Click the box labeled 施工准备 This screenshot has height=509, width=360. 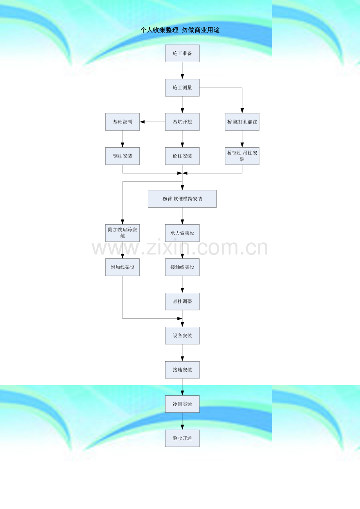coord(182,53)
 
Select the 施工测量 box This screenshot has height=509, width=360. coord(182,88)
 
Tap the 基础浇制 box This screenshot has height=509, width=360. coord(122,122)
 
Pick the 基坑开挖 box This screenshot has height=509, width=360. coord(182,122)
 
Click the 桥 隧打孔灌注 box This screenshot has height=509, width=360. coord(242,122)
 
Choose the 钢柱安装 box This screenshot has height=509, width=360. coord(122,156)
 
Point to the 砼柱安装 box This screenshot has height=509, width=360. coord(182,156)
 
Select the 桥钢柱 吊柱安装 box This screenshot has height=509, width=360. coord(242,156)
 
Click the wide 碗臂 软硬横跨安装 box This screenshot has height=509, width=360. coord(182,199)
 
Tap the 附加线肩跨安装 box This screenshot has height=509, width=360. coord(122,233)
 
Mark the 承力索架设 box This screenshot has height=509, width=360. coord(182,233)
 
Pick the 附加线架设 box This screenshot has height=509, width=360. coord(122,267)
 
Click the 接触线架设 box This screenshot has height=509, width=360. coord(182,267)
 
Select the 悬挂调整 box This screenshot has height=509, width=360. coord(182,301)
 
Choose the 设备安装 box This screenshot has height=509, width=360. coord(182,336)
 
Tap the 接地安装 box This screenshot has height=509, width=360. coord(182,370)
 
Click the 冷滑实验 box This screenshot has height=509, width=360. coord(182,404)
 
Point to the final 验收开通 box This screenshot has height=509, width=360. coord(182,438)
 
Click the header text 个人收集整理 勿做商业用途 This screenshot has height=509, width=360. coord(180,30)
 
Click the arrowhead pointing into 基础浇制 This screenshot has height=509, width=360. coord(142,122)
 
